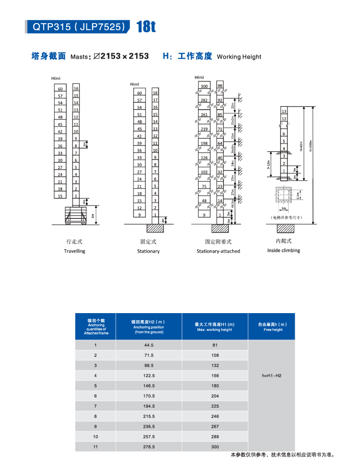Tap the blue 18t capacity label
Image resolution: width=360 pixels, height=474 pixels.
click(145, 27)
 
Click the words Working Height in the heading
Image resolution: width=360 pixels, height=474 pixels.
click(239, 57)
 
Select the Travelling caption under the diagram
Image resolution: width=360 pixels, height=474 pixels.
click(74, 251)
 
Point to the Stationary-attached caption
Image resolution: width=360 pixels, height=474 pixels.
click(218, 251)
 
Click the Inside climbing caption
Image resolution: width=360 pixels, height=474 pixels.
click(284, 250)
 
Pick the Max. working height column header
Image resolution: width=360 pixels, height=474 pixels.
click(215, 327)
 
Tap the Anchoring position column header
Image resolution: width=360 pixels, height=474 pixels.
click(148, 327)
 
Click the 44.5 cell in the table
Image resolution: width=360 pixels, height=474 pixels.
click(148, 345)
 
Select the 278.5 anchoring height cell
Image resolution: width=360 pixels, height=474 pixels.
click(148, 447)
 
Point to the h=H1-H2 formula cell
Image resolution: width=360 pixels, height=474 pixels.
click(271, 375)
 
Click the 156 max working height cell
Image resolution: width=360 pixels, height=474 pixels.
click(215, 376)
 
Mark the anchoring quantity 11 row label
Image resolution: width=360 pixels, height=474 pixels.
click(95, 447)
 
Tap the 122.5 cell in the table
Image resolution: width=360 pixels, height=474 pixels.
click(148, 376)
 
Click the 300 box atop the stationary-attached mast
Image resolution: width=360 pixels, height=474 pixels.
click(204, 86)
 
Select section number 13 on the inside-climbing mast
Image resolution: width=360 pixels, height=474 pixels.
click(284, 111)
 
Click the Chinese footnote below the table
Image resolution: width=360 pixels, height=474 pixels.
click(282, 455)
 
